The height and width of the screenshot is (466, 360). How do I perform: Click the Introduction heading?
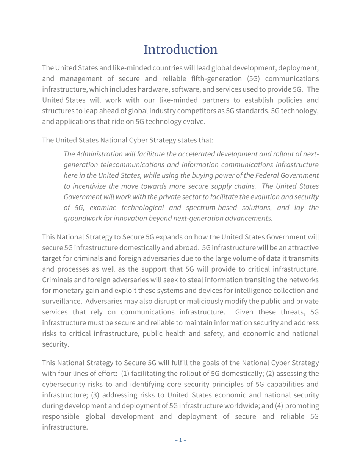pyautogui.click(x=180, y=50)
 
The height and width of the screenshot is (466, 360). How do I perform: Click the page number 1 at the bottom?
pyautogui.click(x=180, y=440)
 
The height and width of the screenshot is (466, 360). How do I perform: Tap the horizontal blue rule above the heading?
pyautogui.click(x=180, y=34)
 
